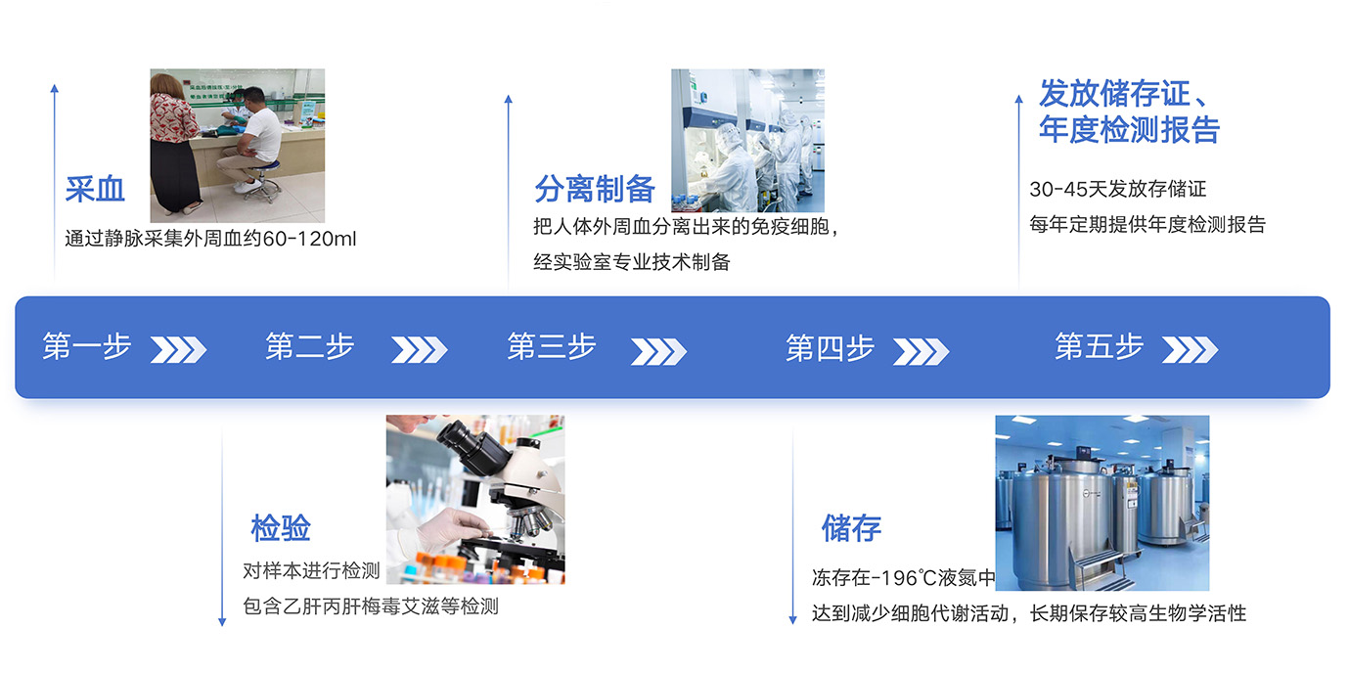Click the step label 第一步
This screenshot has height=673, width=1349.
87,346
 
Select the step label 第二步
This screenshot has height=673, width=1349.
310,346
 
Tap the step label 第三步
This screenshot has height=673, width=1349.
552,346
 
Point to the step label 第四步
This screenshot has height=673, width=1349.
830,348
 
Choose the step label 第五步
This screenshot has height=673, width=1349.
1100,346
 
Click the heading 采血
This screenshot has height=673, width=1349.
95,189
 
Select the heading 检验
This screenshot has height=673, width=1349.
281,528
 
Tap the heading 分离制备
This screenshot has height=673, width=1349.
595,189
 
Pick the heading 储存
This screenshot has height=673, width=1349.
851,528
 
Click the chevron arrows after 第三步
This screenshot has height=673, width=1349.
658,351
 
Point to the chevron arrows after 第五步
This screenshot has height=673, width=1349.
1190,350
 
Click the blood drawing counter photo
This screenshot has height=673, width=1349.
238,146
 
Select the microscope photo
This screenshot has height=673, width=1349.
475,499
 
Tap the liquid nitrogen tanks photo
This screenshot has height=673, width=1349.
1102,503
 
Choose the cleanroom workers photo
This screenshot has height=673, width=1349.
748,140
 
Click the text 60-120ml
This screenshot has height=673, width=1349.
309,239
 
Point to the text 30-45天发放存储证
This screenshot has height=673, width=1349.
1118,189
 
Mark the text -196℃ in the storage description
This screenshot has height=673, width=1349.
902,578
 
